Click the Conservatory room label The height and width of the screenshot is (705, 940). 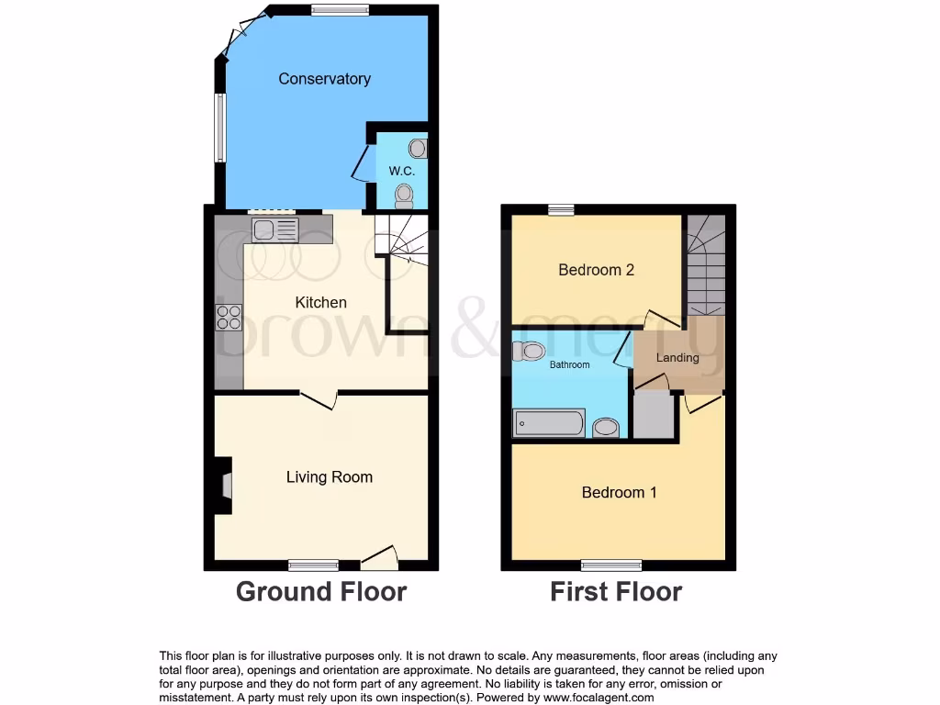tap(324, 79)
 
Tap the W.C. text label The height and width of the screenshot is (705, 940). tap(400, 171)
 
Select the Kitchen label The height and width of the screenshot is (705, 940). tap(320, 302)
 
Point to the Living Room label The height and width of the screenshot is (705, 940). tap(329, 476)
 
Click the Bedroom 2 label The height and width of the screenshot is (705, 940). tap(596, 270)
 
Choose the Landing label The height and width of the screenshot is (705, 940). tap(677, 357)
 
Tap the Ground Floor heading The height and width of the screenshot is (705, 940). tap(320, 591)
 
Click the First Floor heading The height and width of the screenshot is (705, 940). tap(616, 591)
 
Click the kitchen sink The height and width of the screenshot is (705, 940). tap(274, 229)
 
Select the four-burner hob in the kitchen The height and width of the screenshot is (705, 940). tap(229, 317)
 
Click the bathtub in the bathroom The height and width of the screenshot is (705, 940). tap(549, 423)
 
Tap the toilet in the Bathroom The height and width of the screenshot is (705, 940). tap(530, 351)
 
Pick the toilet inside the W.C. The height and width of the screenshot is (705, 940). tap(404, 194)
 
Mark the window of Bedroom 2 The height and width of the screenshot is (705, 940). tap(561, 210)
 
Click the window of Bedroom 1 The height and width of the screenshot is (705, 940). tap(611, 565)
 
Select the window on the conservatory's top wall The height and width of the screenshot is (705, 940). tap(340, 11)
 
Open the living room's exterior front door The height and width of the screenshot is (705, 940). tap(379, 555)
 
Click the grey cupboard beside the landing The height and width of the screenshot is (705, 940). tap(654, 416)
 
